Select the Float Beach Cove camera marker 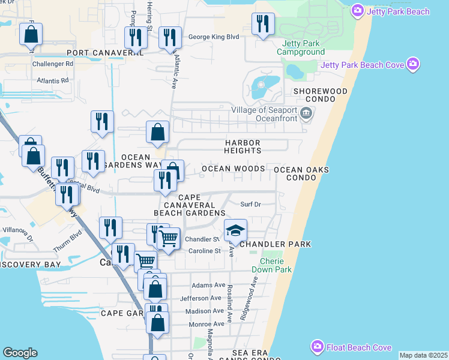tap(317, 347)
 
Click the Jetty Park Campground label tap(301, 48)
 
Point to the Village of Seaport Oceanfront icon tap(306, 112)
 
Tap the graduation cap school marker tap(235, 231)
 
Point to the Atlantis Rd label tap(52, 80)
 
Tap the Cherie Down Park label tap(276, 265)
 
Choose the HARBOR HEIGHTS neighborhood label tap(243, 146)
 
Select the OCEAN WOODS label tap(233, 169)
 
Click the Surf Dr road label tap(250, 204)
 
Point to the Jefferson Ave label tap(200, 298)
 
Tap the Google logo tap(20, 352)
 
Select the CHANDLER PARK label tap(275, 244)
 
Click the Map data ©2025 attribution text tap(423, 355)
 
